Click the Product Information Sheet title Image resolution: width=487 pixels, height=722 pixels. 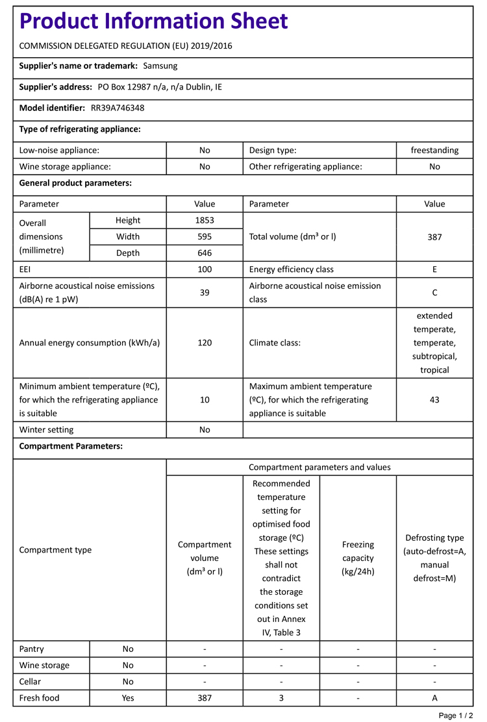tap(153, 21)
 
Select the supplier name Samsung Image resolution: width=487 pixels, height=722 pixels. tap(160, 66)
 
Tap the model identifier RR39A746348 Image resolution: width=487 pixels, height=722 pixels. tap(118, 108)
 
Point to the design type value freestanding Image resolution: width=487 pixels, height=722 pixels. tap(434, 150)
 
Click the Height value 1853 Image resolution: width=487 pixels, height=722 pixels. tap(205, 220)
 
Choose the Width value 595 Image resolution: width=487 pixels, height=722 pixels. tap(205, 236)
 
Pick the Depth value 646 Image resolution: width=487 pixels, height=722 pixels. tap(205, 253)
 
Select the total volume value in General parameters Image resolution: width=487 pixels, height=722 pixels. tap(434, 237)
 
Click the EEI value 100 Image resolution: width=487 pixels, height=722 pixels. tap(205, 269)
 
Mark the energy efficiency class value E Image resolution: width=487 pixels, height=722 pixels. tap(434, 269)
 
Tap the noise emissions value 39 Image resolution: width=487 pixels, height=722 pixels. tap(205, 293)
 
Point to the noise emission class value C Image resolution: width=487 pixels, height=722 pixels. tap(434, 293)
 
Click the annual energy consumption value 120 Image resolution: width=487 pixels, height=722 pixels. tap(205, 343)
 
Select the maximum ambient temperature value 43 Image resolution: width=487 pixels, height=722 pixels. tap(434, 399)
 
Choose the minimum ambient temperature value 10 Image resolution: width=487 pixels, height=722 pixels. tap(205, 400)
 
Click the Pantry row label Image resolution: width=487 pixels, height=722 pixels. tap(32, 649)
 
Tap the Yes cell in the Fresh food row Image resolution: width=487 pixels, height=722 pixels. tap(128, 698)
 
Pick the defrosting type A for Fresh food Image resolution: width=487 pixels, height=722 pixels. tap(434, 698)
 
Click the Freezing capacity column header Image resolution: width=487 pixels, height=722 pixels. tap(358, 558)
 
